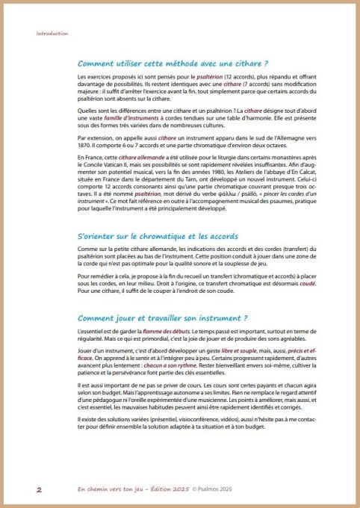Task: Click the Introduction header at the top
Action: tap(52, 34)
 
